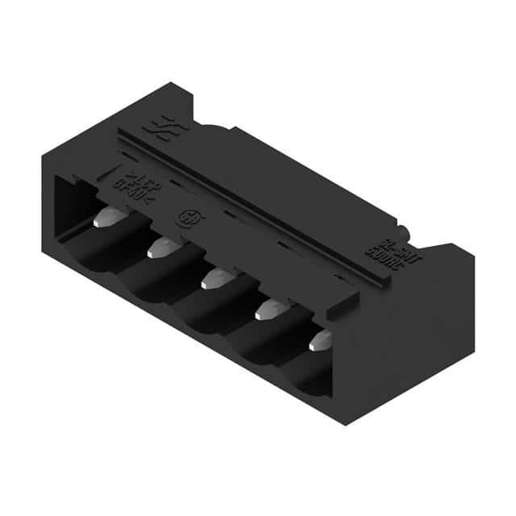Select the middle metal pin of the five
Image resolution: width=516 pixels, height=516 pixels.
coord(214,279)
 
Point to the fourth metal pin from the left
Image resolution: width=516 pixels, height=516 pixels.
coord(267,310)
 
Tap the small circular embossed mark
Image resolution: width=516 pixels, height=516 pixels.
coord(185,219)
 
